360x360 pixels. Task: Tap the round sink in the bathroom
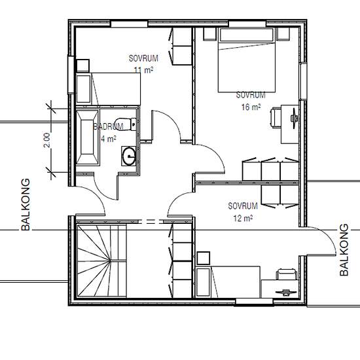[x=129, y=156]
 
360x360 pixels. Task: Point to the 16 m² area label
[x=252, y=105]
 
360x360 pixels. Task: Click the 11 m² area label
[x=144, y=69]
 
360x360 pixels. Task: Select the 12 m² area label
[x=243, y=218]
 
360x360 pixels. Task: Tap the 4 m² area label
[x=108, y=139]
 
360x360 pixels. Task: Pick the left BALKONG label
[x=27, y=205]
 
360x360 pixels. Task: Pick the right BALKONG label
[x=344, y=249]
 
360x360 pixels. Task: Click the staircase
[x=101, y=260]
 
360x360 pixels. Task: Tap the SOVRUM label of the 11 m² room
[x=143, y=58]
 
